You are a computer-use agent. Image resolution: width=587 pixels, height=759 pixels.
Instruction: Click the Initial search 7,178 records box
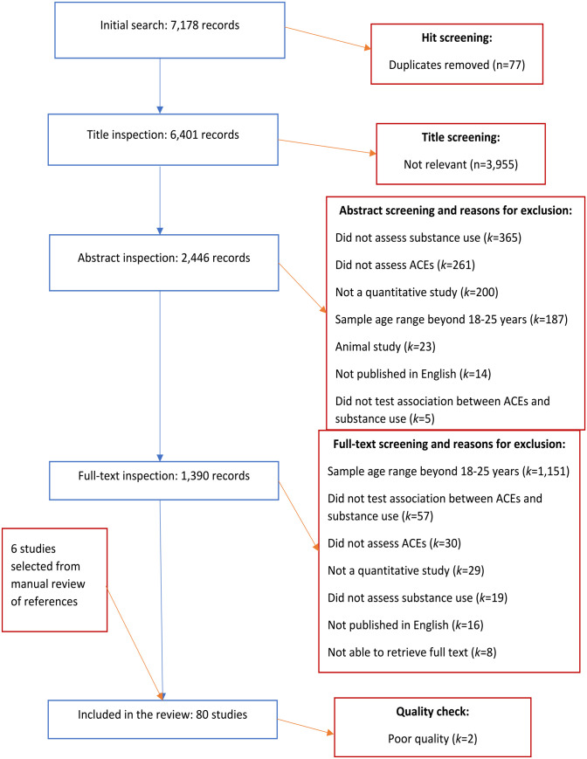point(169,30)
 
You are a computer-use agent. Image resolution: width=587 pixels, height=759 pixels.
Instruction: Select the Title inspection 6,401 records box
point(163,140)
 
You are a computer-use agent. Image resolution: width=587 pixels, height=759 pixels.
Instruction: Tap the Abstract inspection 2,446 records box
point(164,262)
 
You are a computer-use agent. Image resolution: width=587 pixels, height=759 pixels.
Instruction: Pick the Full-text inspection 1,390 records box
point(164,480)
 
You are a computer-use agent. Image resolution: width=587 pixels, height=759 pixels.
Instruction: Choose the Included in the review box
point(162,719)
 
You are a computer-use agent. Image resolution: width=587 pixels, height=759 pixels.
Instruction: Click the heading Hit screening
point(457,38)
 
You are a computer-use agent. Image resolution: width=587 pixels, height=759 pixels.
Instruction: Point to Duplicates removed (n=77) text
point(457,65)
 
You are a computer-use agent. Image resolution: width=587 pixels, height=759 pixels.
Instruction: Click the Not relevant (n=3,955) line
point(460,164)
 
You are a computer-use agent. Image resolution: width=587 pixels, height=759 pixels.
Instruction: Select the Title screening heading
point(460,137)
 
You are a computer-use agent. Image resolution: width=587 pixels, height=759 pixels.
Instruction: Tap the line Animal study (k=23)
point(385,347)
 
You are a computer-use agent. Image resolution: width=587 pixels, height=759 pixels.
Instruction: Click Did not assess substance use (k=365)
point(428,238)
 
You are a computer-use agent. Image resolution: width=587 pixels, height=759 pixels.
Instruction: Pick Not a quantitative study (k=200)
point(417,293)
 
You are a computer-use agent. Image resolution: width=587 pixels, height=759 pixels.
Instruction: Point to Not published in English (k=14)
point(413,374)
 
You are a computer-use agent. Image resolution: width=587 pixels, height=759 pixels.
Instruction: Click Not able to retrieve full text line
point(411,652)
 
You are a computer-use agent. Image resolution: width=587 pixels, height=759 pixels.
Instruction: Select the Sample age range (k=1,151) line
point(448,472)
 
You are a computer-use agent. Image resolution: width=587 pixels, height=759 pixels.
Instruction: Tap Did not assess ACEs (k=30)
point(394,543)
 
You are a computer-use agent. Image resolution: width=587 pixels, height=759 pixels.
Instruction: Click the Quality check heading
point(432,712)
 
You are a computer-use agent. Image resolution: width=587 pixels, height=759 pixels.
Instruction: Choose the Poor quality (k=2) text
point(432,739)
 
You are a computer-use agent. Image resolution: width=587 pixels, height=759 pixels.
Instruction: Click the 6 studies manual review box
point(55,580)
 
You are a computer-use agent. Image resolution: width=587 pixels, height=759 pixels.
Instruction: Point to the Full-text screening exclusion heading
point(449,445)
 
